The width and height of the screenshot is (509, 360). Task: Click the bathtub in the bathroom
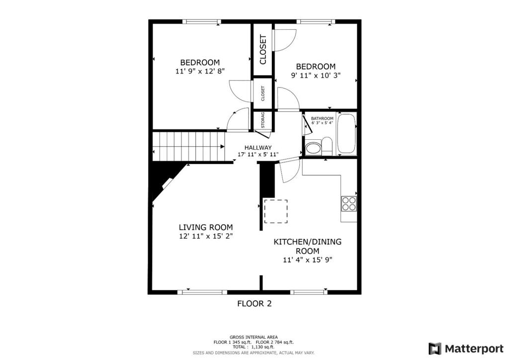pos(346,133)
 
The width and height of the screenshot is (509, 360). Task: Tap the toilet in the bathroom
pos(327,146)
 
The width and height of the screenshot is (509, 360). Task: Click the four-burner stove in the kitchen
pos(349,204)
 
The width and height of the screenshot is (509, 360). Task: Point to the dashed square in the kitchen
pos(275,211)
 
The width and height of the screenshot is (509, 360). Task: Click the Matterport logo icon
pos(435,349)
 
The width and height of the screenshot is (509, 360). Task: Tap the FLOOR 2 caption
pos(254,303)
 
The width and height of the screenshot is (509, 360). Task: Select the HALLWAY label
pos(258,148)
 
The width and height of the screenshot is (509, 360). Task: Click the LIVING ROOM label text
pos(206,227)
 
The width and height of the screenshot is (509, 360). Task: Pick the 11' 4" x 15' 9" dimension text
pos(308,260)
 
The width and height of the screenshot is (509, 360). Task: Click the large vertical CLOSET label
pos(263,49)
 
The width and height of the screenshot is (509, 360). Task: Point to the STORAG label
pos(263,120)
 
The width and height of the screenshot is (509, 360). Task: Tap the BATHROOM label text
pos(322,118)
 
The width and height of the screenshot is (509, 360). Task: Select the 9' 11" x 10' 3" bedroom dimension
pos(316,76)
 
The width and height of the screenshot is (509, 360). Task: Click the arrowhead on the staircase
pos(222,147)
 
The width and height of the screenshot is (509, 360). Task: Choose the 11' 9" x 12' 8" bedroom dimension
pos(200,71)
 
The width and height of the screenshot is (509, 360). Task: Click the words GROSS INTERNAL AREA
pos(254,337)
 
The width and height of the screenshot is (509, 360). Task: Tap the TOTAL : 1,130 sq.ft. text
pos(254,347)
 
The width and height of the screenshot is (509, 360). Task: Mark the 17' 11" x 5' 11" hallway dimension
pos(258,155)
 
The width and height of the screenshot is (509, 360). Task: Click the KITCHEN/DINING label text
pos(307,242)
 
